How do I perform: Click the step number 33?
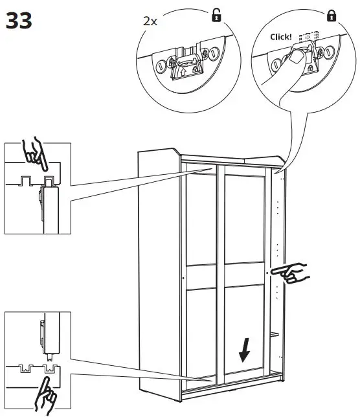pos(19,21)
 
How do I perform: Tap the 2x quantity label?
pos(150,20)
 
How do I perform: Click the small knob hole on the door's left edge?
pos(183,279)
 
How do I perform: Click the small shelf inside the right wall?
pos(275,334)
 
